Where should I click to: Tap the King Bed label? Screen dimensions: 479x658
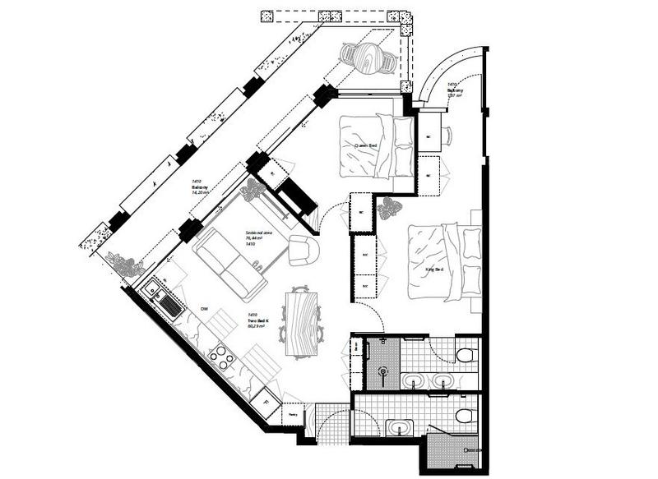434,269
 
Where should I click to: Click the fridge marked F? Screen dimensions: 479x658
266,403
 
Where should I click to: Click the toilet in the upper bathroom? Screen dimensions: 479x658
466,355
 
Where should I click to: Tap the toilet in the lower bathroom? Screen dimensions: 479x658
466,417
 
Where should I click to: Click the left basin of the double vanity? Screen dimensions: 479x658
414,380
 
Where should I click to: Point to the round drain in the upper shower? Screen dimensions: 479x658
382,371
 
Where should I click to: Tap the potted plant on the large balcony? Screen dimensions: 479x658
125,265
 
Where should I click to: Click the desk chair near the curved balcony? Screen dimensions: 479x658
448,136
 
